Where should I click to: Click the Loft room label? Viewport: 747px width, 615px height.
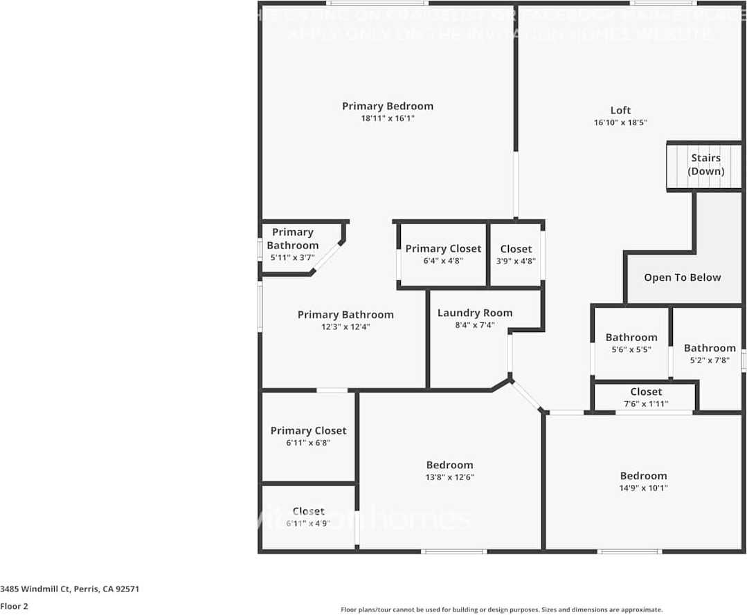coord(620,110)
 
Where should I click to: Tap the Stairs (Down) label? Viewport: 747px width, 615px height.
coord(705,165)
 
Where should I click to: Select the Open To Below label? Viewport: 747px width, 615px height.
coord(682,277)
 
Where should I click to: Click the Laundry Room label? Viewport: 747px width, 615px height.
coord(475,313)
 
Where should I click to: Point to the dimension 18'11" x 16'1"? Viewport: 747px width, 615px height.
coord(388,118)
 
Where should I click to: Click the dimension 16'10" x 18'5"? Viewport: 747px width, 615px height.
coord(620,122)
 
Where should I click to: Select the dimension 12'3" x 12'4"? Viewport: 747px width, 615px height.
coord(345,327)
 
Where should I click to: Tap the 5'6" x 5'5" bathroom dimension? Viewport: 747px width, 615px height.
coord(631,349)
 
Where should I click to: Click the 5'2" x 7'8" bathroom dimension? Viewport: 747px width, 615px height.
coord(709,360)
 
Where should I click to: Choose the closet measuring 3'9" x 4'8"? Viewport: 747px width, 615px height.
coord(516,255)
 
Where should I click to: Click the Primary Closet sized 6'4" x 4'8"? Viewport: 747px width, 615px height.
coord(443,255)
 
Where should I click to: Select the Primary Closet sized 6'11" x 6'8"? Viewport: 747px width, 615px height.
coord(308,436)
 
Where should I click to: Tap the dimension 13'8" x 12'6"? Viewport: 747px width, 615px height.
coord(449,477)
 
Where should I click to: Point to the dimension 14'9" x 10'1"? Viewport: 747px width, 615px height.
coord(643,488)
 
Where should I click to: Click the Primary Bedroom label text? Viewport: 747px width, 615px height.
coord(388,106)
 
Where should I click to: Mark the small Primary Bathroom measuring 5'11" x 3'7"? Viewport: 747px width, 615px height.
coord(292,244)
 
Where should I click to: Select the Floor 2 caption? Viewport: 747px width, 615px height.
coord(15,606)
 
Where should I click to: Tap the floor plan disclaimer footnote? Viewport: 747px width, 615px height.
coord(501,609)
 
